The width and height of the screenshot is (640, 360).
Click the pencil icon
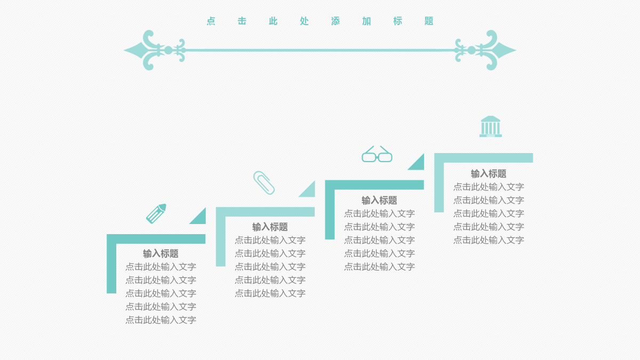pos(156,214)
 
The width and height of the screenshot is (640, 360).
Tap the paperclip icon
pos(264,183)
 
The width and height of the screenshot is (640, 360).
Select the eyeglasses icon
pos(377,154)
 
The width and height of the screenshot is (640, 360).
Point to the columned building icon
pos(491,126)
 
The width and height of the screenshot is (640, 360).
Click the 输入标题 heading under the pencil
pos(161,253)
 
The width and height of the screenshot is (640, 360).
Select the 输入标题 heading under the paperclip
pos(270,227)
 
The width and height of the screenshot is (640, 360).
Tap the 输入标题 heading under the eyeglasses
pos(379,201)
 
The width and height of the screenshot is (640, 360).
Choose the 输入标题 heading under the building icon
pos(489,174)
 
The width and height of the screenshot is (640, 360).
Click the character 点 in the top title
pos(211,21)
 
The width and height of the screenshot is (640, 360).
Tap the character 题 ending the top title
pos(429,21)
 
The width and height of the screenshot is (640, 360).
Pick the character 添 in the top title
pos(335,21)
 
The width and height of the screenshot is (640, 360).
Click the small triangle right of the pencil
pos(201,219)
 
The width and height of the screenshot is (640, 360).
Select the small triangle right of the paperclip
pos(309,191)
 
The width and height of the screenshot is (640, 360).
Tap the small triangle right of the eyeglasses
pos(419,165)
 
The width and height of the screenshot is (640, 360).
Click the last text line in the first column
pos(161,320)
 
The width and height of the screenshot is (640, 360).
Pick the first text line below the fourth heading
pos(489,187)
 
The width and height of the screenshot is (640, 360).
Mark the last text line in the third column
pos(379,267)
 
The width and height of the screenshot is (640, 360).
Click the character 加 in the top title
pos(366,21)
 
